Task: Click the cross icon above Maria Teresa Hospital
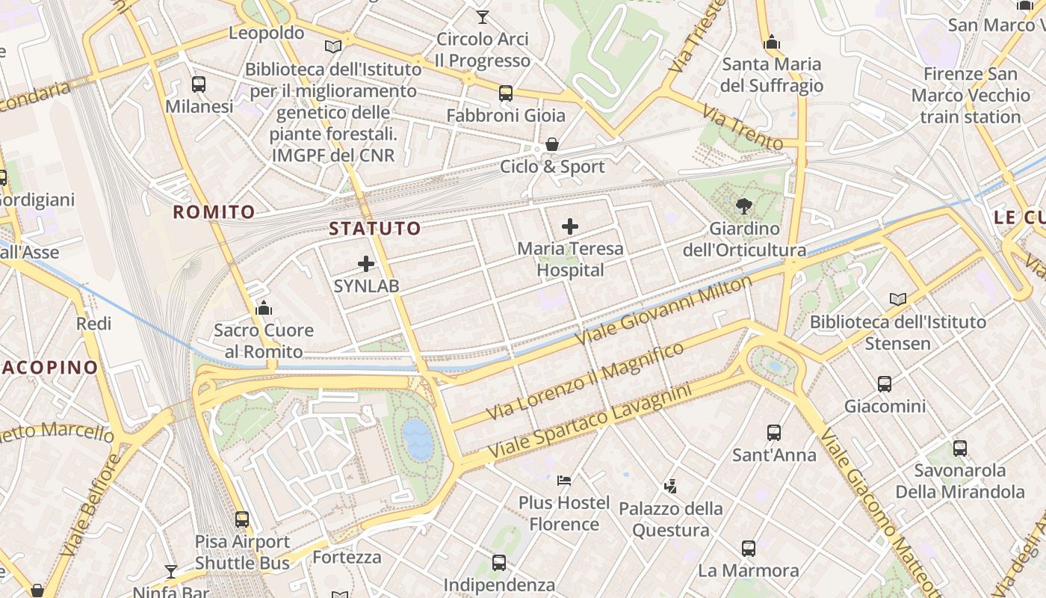[570, 226]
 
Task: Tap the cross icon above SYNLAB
[366, 263]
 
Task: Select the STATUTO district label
[375, 229]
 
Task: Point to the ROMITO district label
[214, 212]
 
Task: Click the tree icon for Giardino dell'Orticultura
[743, 206]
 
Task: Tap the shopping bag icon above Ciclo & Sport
[552, 144]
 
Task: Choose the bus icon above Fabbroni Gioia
[506, 93]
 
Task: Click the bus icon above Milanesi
[198, 84]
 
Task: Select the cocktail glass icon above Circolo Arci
[483, 16]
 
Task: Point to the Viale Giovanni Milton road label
[663, 311]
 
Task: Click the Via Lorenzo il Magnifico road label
[584, 382]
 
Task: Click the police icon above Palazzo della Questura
[670, 486]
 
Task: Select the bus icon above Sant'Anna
[774, 432]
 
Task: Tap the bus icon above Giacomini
[885, 384]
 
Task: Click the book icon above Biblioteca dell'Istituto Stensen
[898, 299]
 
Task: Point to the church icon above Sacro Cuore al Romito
[264, 307]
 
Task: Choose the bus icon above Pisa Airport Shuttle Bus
[242, 519]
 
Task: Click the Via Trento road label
[742, 126]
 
